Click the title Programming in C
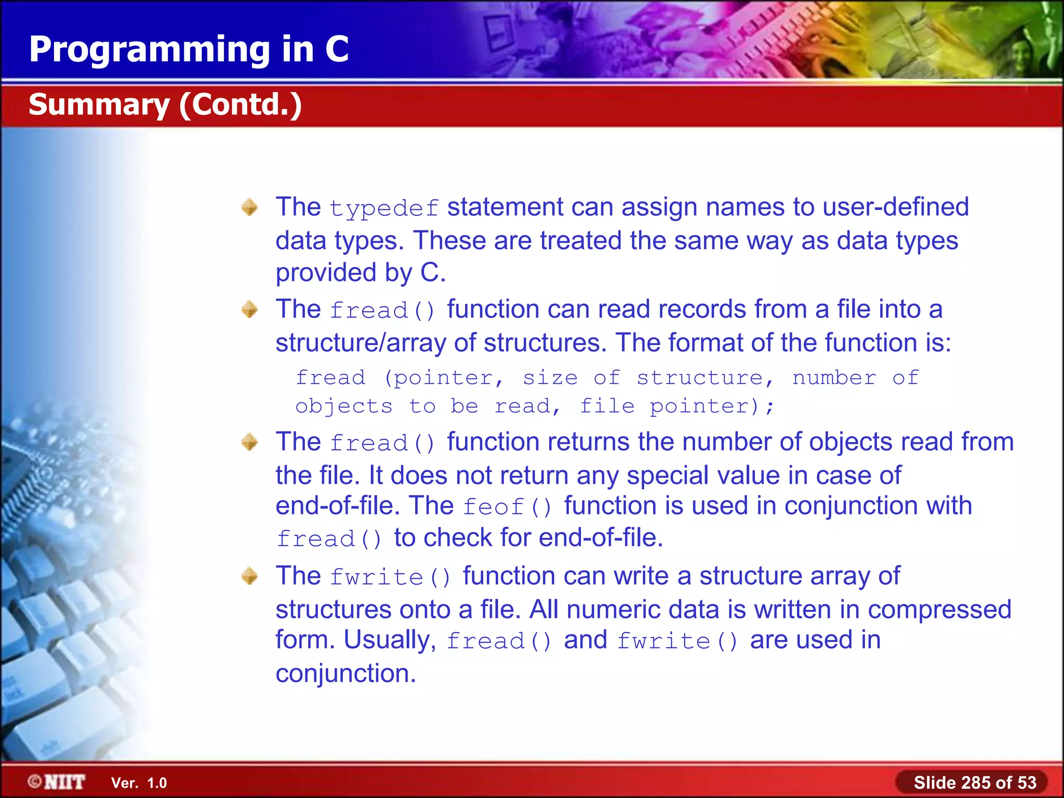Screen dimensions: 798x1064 (189, 49)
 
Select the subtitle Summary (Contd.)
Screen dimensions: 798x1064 (165, 105)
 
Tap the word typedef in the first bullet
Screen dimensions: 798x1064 (384, 209)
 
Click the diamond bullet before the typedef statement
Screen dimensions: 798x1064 (250, 207)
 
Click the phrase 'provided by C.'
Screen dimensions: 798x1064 (361, 273)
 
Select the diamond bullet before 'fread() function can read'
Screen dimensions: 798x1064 (250, 310)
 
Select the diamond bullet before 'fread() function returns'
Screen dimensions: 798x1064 (250, 442)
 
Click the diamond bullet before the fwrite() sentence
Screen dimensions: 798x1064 (250, 576)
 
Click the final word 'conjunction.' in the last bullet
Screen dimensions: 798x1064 (345, 674)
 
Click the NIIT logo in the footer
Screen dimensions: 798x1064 (57, 782)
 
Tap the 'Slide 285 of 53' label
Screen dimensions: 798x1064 (975, 782)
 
